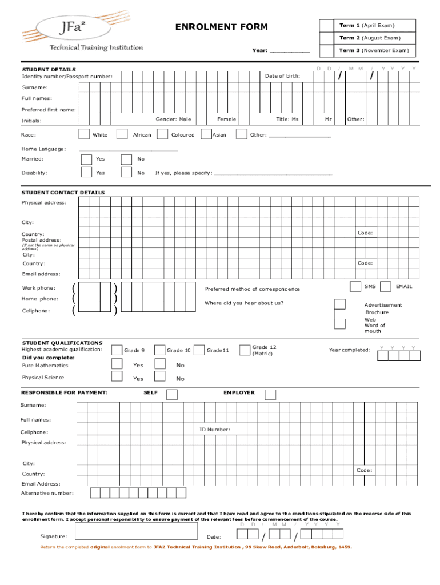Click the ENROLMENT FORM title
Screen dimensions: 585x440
pyautogui.click(x=221, y=27)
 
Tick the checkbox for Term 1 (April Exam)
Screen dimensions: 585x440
pyautogui.click(x=326, y=26)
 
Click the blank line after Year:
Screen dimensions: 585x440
pyautogui.click(x=289, y=51)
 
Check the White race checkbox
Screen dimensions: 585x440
pyautogui.click(x=83, y=134)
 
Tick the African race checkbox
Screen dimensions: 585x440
pyautogui.click(x=122, y=134)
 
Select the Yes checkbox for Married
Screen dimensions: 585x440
pyautogui.click(x=86, y=159)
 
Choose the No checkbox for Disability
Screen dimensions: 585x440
pyautogui.click(x=126, y=173)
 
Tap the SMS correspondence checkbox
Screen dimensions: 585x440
pyautogui.click(x=354, y=286)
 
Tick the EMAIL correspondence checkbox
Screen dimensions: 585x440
pyautogui.click(x=386, y=286)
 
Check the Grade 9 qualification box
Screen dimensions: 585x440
pyautogui.click(x=117, y=350)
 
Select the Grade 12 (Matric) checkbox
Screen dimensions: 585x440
pyautogui.click(x=245, y=350)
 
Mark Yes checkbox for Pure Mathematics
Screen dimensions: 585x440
pyautogui.click(x=117, y=364)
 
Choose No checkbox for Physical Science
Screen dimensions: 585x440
pyautogui.click(x=160, y=376)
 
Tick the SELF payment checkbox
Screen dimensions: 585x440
pyautogui.click(x=171, y=394)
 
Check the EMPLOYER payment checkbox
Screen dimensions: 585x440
pyautogui.click(x=270, y=394)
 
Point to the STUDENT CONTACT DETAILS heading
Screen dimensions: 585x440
pyautogui.click(x=63, y=193)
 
